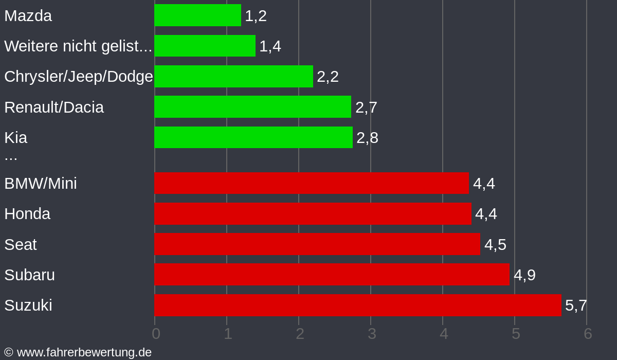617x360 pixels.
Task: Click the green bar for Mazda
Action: click(197, 15)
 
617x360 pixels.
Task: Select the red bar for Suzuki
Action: click(357, 305)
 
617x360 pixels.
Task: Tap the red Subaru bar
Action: click(332, 275)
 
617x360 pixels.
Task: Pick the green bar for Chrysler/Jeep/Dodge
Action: click(233, 76)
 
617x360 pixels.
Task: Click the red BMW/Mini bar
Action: click(312, 183)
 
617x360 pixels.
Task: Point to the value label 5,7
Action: click(576, 305)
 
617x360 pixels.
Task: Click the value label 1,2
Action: click(256, 15)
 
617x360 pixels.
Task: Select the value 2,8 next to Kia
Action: click(367, 137)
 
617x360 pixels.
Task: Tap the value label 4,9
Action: click(524, 275)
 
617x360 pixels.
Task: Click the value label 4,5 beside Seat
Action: click(495, 244)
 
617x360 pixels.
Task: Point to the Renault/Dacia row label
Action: click(54, 107)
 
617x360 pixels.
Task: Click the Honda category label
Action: click(27, 213)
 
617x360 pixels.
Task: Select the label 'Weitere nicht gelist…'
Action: click(78, 46)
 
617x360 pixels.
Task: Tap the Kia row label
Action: click(16, 137)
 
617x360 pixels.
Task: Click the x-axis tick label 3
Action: click(372, 333)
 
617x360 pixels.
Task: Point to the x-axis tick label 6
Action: click(588, 333)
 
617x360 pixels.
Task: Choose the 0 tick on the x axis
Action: click(156, 333)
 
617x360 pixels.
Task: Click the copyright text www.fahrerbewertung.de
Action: click(78, 352)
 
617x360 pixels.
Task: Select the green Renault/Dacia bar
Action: click(252, 107)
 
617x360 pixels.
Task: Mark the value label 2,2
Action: click(328, 76)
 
